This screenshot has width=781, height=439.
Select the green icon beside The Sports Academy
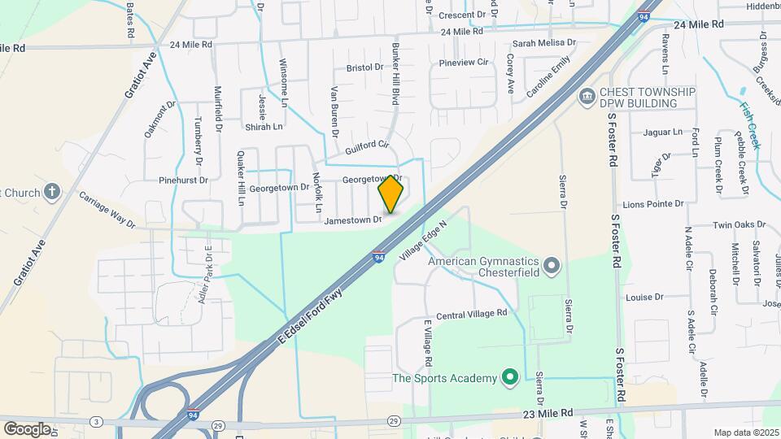tap(509, 378)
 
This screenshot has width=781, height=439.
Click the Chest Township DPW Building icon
tap(586, 98)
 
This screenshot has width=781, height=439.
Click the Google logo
tap(27, 428)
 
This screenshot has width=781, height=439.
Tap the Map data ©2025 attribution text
tap(746, 432)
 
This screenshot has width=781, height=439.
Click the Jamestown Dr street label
tap(352, 219)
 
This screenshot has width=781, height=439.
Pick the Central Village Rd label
tap(472, 313)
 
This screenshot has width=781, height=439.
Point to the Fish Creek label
tap(749, 124)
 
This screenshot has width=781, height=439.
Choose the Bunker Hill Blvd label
tap(397, 74)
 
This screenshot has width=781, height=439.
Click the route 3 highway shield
tap(97, 420)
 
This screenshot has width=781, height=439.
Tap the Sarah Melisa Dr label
tap(544, 43)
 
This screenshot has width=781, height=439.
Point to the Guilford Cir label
tap(368, 148)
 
